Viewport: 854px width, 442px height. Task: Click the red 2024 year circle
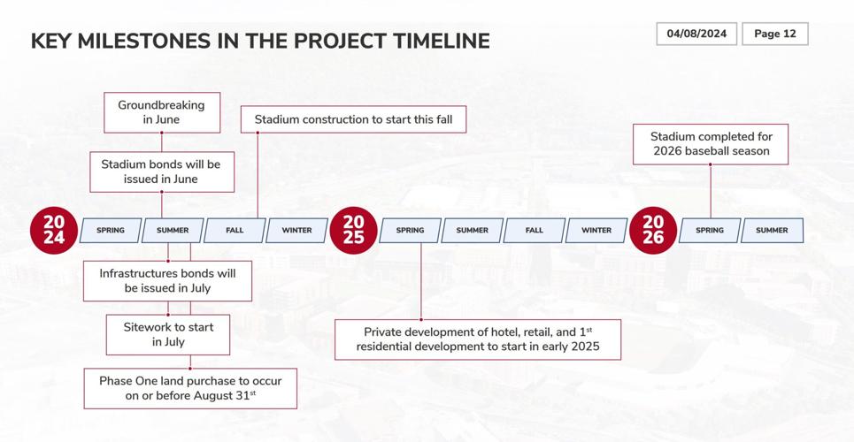click(x=54, y=230)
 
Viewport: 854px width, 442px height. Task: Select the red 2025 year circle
click(x=353, y=230)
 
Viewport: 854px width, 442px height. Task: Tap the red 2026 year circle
click(x=653, y=230)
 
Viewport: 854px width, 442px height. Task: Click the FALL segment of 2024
click(x=235, y=231)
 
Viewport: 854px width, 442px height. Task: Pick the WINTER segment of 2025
click(x=596, y=231)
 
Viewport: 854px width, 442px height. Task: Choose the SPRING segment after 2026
click(x=710, y=231)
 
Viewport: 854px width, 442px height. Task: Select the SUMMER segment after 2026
click(x=772, y=231)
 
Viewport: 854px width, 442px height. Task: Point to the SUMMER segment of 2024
click(x=173, y=231)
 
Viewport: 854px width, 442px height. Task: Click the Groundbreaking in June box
click(x=161, y=112)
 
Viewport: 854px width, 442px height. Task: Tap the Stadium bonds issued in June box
click(x=161, y=171)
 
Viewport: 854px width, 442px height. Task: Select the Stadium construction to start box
click(x=353, y=119)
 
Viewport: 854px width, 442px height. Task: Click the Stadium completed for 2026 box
click(x=712, y=144)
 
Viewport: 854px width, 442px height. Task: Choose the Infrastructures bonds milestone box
click(x=167, y=281)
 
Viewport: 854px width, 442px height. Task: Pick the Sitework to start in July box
click(x=168, y=334)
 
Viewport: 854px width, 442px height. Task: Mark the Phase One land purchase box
click(x=190, y=388)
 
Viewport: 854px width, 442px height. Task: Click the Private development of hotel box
click(x=478, y=339)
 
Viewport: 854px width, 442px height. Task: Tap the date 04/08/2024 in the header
click(x=696, y=34)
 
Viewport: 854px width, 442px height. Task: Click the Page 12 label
click(x=774, y=34)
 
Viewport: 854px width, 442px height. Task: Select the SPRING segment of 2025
click(x=410, y=231)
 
